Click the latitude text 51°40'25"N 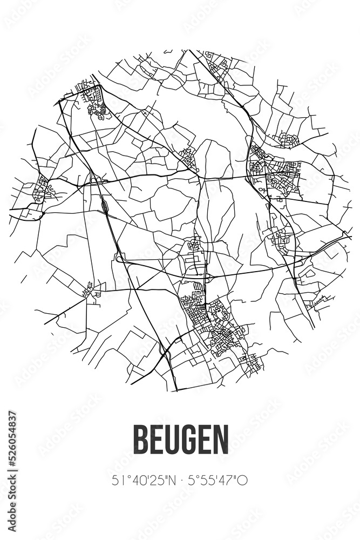click(144, 480)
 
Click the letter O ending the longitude click(243, 480)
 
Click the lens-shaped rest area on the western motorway click(103, 205)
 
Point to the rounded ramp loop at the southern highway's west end click(120, 258)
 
